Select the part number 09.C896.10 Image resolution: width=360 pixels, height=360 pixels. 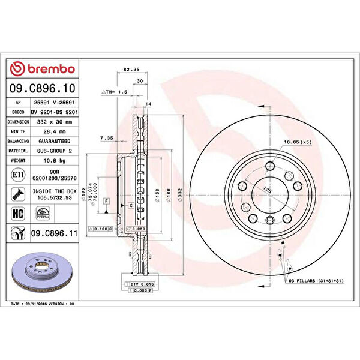[41, 89]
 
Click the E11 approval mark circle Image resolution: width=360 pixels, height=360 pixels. [17, 175]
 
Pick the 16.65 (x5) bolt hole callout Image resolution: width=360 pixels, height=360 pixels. [296, 142]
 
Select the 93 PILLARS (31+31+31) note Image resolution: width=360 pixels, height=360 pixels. [314, 281]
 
